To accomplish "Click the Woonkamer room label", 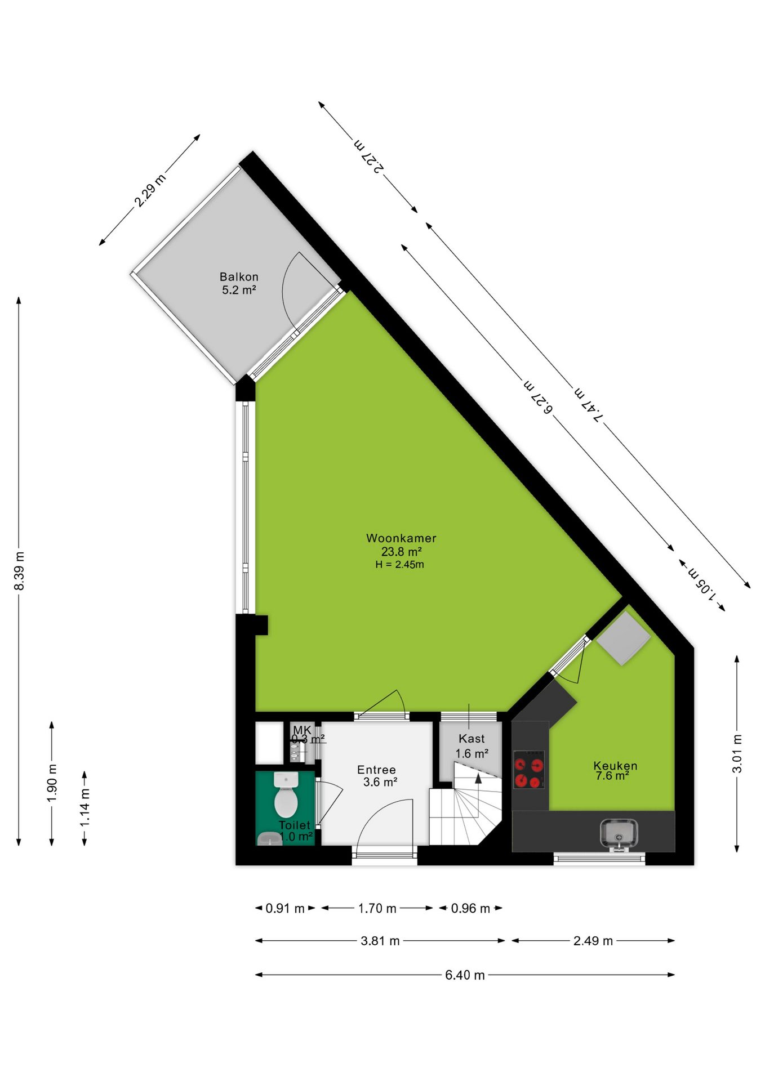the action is [x=401, y=538].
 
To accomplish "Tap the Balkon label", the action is [x=239, y=277].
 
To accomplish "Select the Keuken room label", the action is [x=615, y=766].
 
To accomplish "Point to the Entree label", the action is [x=376, y=770].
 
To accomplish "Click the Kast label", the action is [x=472, y=739].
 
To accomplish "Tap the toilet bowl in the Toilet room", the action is [x=286, y=795].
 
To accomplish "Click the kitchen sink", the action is [x=619, y=834].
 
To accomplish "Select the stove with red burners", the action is [x=529, y=769].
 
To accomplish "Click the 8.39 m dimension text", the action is [x=19, y=571].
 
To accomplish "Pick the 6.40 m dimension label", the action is [x=465, y=975].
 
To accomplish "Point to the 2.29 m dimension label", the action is [x=150, y=190].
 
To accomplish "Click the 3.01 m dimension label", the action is [x=737, y=754].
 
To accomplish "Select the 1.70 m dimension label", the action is [x=377, y=908].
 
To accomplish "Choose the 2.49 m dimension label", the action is [x=593, y=941].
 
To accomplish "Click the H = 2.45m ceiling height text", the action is [x=400, y=565].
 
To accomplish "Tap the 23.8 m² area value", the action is [x=401, y=552].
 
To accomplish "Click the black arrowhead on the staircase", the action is [x=478, y=779].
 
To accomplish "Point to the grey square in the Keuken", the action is [x=624, y=638].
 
